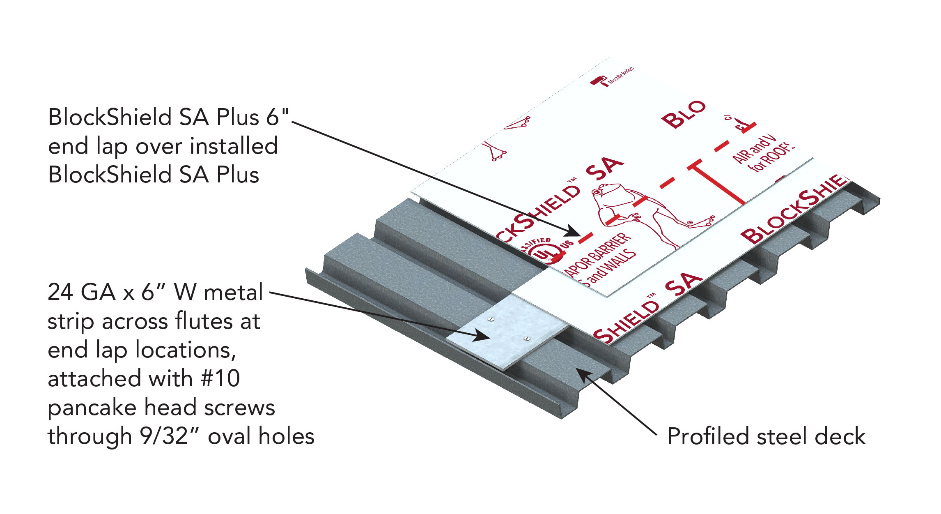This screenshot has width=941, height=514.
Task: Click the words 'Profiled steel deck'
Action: coord(766,436)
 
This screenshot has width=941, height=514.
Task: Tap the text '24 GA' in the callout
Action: coord(81,293)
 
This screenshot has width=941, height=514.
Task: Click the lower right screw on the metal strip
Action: coord(527,339)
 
